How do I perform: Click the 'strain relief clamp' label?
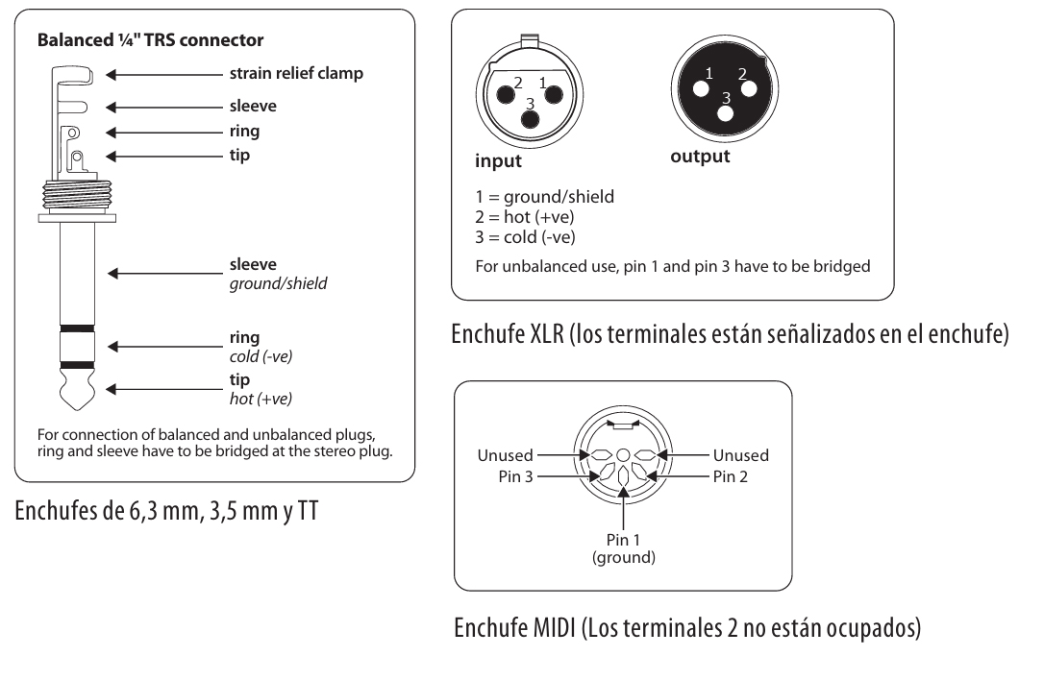tap(296, 73)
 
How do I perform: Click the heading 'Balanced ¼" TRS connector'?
tap(150, 40)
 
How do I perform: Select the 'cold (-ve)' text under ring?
tap(261, 356)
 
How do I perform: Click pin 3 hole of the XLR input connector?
tap(528, 118)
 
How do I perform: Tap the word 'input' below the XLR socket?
tap(499, 160)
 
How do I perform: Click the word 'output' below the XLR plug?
tap(700, 156)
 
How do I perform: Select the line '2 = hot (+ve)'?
tap(525, 217)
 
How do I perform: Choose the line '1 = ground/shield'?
tap(545, 197)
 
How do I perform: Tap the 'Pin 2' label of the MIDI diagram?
tap(733, 475)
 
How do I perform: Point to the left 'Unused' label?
tap(506, 455)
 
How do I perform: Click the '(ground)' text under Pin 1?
tap(624, 557)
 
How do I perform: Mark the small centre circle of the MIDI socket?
tap(623, 454)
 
